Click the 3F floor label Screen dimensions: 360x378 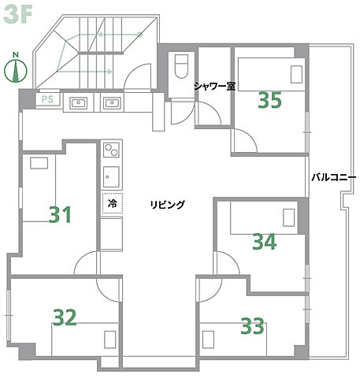18,15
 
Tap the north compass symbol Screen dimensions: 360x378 16,69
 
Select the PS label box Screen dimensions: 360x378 48,99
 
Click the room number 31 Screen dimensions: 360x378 60,214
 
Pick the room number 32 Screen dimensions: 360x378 65,317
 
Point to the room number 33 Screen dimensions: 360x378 252,326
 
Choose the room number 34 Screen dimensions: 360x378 265,242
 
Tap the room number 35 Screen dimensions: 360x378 270,100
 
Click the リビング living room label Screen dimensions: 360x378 168,204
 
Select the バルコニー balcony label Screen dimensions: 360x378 333,177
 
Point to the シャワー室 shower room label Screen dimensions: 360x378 214,86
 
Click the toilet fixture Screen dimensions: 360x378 181,66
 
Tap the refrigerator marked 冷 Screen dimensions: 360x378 113,203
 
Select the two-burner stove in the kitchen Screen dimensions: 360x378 112,150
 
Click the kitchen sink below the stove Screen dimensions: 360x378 111,176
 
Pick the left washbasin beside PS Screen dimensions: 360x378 78,102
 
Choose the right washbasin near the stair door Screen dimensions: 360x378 112,102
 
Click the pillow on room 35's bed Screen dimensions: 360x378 296,75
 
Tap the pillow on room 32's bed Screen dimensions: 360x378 110,339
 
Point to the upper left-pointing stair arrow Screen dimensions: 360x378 121,35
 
